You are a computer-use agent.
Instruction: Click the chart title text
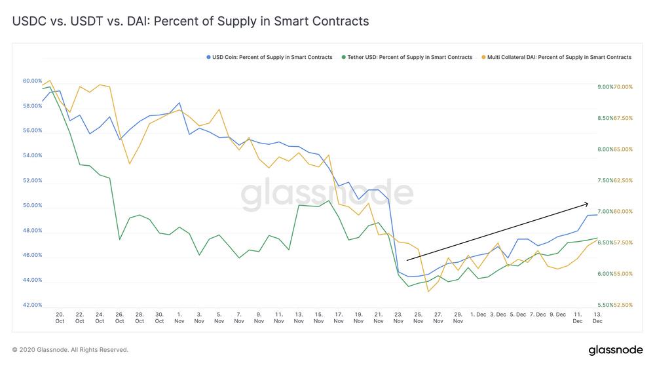(191, 21)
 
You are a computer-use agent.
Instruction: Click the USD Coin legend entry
(269, 57)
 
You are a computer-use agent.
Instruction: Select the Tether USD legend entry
(407, 57)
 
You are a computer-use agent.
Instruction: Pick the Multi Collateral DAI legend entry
(557, 57)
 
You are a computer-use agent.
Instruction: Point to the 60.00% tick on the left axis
(32, 81)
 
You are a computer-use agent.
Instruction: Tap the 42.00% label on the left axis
(32, 305)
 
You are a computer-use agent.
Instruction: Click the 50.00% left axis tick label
(32, 206)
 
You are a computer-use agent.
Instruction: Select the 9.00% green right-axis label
(605, 87)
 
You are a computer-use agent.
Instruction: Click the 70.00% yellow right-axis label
(624, 87)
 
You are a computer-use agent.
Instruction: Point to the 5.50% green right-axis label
(605, 305)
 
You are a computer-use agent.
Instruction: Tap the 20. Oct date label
(60, 318)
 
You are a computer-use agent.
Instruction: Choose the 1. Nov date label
(179, 318)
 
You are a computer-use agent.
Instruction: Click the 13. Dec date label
(598, 318)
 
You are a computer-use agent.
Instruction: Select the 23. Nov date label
(398, 318)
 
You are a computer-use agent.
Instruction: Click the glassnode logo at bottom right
(616, 350)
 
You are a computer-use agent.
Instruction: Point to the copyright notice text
(70, 350)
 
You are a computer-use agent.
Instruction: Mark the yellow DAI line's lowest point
(428, 292)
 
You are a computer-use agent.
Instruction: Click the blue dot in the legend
(208, 57)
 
